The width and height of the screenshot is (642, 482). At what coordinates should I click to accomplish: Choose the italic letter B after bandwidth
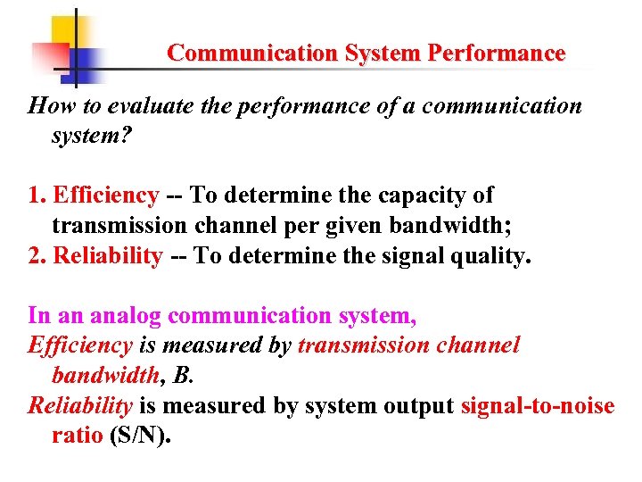182,376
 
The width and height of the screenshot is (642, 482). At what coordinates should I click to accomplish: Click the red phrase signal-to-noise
538,407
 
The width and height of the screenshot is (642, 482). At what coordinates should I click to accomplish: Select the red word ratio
77,437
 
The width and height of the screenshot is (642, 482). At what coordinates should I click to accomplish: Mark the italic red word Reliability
80,407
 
